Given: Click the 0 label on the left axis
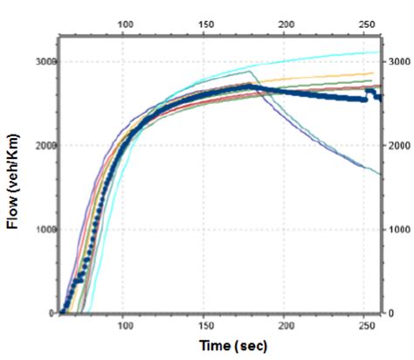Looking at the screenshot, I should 52,313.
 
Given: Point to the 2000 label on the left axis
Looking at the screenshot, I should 44,145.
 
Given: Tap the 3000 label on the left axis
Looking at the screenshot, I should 44,62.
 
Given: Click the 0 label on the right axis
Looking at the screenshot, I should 391,313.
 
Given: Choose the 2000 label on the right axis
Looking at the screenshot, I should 398,145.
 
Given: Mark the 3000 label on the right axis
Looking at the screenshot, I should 398,62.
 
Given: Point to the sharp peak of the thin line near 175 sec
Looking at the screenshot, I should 250,71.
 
